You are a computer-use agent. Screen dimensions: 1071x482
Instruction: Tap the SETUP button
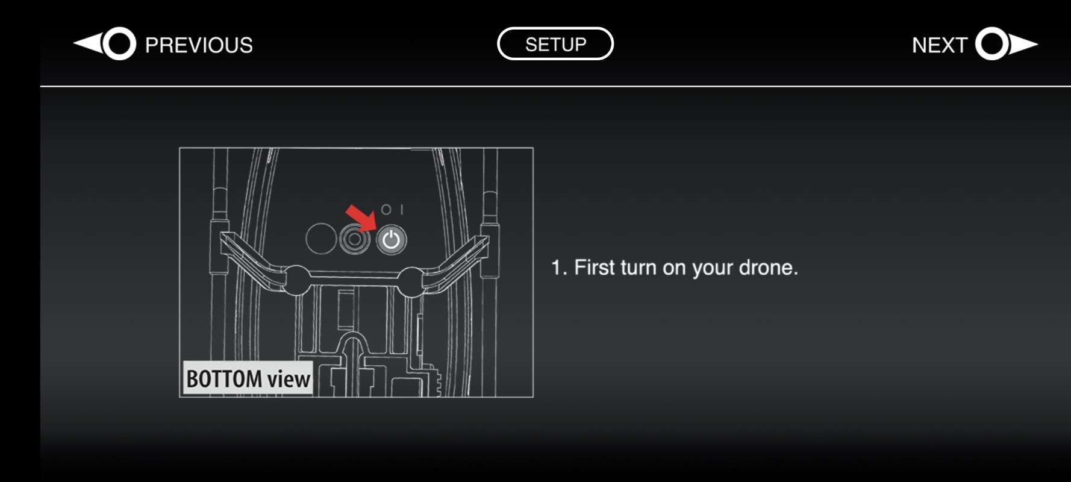(x=555, y=44)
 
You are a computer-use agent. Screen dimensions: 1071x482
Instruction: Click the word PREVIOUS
(x=199, y=45)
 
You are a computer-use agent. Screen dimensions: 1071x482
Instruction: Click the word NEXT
(x=939, y=45)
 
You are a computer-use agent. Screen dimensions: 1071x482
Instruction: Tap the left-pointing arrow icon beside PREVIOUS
(x=105, y=44)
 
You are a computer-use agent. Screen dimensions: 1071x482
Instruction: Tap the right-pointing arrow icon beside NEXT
(x=1007, y=44)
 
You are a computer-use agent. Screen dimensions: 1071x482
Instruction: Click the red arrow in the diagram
(x=360, y=218)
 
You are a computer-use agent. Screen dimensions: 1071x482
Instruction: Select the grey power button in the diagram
(x=392, y=240)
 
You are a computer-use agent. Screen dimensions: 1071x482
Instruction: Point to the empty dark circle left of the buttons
(x=320, y=239)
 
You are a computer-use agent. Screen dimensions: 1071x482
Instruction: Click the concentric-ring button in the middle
(x=355, y=239)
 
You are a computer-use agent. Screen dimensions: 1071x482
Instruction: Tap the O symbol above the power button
(x=386, y=209)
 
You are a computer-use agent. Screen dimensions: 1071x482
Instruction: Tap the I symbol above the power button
(x=401, y=209)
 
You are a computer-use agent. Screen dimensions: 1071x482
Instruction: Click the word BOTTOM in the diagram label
(x=224, y=379)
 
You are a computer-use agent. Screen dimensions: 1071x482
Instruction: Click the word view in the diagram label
(x=289, y=379)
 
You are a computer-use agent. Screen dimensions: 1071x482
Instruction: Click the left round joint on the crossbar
(x=295, y=280)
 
